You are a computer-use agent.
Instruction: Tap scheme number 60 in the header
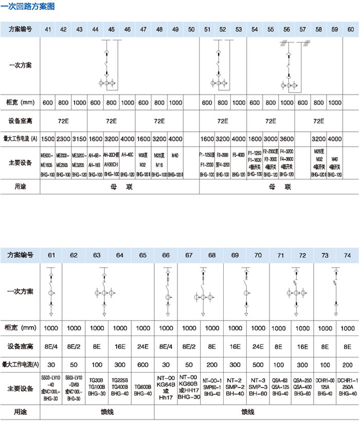coord(350,29)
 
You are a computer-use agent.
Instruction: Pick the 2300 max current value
coord(63,138)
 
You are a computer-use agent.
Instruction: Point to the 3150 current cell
coord(79,138)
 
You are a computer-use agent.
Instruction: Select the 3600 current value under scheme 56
coord(286,138)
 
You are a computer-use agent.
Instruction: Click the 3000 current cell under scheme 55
coord(271,138)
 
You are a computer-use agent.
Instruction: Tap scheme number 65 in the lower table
coord(142,254)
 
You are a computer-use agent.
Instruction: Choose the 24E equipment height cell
coord(142,346)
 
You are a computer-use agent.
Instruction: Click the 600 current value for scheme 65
coord(142,364)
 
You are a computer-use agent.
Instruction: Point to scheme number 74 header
coord(348,254)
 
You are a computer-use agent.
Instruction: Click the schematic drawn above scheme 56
coord(286,69)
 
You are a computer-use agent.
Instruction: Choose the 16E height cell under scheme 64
coord(120,346)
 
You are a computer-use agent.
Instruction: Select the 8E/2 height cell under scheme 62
coord(74,346)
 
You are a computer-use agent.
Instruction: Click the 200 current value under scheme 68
coord(212,364)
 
